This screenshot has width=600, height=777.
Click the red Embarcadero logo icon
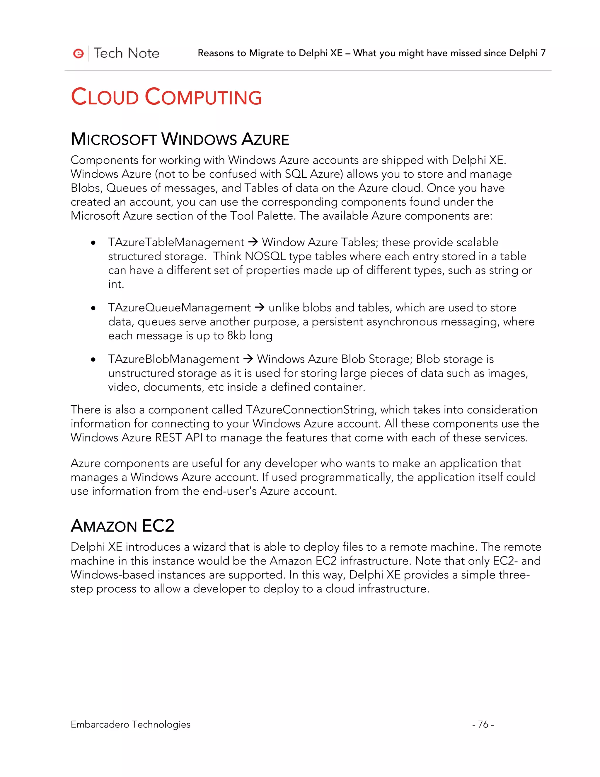(78, 53)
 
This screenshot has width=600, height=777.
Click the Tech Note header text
(126, 53)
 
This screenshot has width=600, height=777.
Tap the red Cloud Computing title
(166, 97)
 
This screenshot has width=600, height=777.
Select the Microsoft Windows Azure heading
(180, 139)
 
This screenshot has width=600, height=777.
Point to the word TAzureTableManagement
(176, 242)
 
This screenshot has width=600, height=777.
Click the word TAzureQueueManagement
(180, 308)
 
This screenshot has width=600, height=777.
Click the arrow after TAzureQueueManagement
(260, 307)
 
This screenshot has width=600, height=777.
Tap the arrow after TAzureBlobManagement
(248, 359)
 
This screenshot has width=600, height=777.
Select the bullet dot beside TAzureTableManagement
(93, 243)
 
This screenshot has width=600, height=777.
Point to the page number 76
(483, 724)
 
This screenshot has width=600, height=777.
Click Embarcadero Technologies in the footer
(130, 724)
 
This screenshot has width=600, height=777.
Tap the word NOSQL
(265, 257)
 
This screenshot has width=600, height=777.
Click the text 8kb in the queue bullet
(236, 335)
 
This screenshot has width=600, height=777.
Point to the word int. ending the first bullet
(116, 284)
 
